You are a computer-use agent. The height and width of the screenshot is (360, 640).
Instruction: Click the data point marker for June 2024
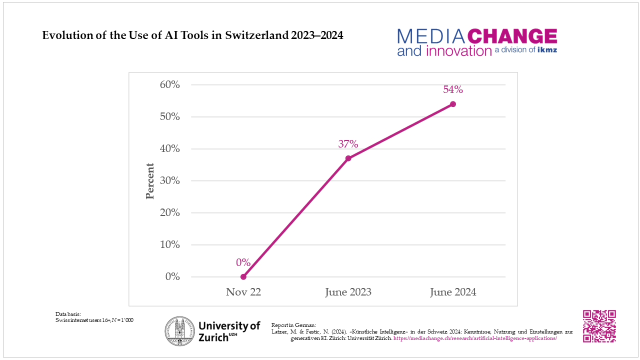click(x=453, y=104)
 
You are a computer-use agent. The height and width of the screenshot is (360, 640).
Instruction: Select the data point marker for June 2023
click(x=348, y=158)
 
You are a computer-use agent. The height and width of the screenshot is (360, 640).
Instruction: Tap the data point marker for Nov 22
click(x=243, y=276)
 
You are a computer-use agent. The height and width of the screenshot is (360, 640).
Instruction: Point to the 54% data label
click(x=453, y=90)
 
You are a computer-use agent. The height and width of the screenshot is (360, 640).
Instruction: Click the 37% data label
click(x=348, y=144)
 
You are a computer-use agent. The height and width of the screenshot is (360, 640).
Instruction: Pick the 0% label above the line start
click(x=243, y=262)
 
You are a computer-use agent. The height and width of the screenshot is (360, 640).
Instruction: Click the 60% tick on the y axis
click(x=169, y=84)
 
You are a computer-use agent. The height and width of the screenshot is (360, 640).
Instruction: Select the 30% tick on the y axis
click(x=169, y=180)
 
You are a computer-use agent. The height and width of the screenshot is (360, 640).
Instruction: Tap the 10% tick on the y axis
click(x=169, y=244)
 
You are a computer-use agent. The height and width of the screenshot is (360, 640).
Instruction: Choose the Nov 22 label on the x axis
click(x=243, y=292)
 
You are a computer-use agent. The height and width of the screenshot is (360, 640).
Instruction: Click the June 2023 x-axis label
click(x=348, y=292)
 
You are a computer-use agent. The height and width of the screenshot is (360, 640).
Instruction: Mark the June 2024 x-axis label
click(x=453, y=292)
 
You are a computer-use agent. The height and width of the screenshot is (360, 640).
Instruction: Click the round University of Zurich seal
click(x=180, y=331)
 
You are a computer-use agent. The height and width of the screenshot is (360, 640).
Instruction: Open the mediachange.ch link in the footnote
click(x=475, y=338)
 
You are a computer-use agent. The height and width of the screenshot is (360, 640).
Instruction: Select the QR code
click(x=599, y=326)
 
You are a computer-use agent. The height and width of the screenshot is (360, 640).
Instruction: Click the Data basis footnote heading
click(x=68, y=314)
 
